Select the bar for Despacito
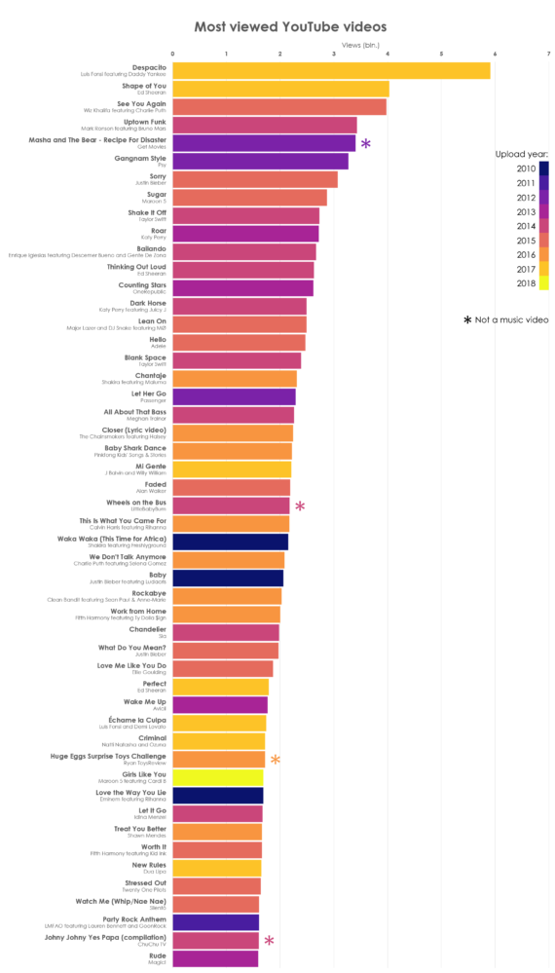click(x=331, y=70)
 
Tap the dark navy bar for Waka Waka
click(x=230, y=542)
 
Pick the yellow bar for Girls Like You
click(x=217, y=777)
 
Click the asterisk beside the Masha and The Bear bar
click(x=365, y=144)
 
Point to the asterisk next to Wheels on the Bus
click(x=300, y=505)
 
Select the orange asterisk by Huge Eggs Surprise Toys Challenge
click(x=276, y=760)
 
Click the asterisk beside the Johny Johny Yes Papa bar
click(x=269, y=941)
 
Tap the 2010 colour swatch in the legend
click(x=543, y=168)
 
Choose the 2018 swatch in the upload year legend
click(x=543, y=283)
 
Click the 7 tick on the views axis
click(x=548, y=54)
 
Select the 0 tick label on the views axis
click(x=173, y=54)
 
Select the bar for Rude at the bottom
click(x=215, y=958)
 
